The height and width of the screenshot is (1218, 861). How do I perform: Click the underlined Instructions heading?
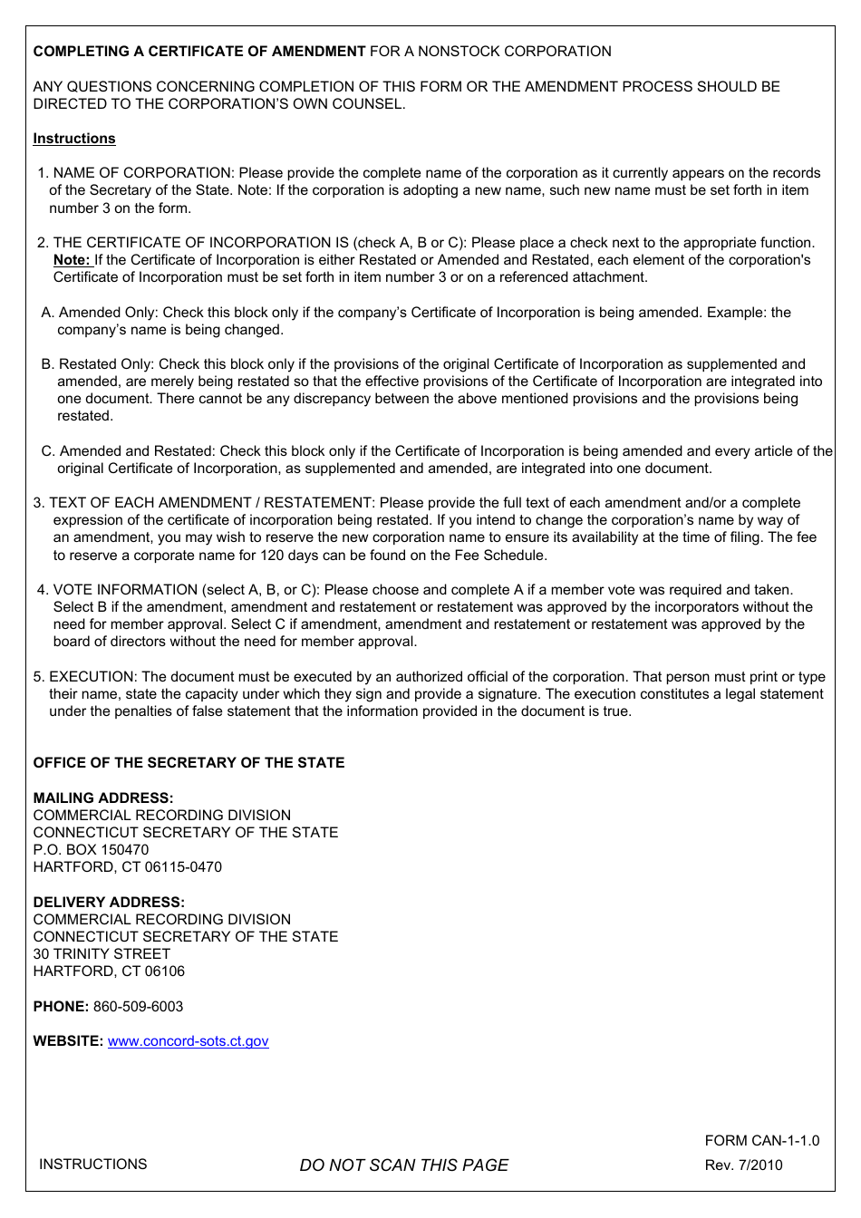[x=74, y=139]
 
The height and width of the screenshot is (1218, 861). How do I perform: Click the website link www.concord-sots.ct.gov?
[x=188, y=1041]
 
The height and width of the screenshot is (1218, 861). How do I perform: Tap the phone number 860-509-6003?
[x=138, y=1007]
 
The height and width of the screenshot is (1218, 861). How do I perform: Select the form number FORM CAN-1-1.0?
[x=761, y=1141]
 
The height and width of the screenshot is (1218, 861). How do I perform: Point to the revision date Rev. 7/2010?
[x=743, y=1165]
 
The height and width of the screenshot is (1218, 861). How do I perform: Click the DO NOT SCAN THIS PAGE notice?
[x=403, y=1165]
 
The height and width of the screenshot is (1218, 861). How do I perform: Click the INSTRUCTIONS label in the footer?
[x=92, y=1165]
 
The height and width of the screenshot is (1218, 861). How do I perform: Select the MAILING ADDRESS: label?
[x=102, y=798]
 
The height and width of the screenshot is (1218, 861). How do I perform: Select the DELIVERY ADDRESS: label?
[x=109, y=903]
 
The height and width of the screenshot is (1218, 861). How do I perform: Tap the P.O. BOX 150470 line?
[x=91, y=850]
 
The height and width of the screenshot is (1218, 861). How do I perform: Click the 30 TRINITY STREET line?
[x=102, y=954]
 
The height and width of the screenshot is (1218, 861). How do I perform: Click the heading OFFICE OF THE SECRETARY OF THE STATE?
[x=189, y=763]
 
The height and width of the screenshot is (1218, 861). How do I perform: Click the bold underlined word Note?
[x=72, y=260]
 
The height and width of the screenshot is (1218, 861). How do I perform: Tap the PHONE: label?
[x=61, y=1007]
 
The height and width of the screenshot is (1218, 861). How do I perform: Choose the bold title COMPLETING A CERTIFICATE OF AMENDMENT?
[x=199, y=52]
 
